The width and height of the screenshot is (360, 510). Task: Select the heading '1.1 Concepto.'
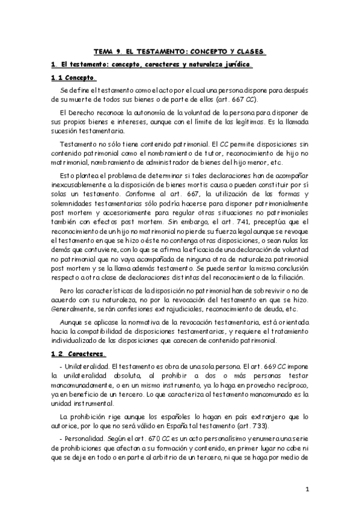72,78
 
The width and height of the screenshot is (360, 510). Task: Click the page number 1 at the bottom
307,490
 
